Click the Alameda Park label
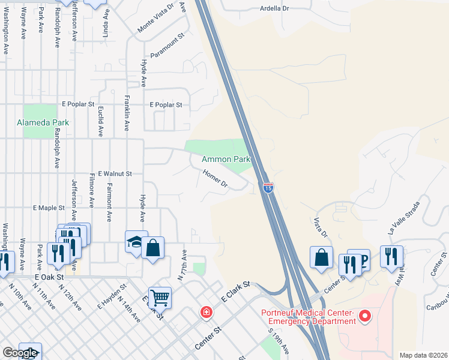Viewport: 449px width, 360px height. [43, 122]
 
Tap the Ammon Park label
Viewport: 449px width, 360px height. [226, 159]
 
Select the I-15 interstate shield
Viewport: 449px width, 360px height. [268, 188]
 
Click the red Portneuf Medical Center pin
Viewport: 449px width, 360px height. [364, 315]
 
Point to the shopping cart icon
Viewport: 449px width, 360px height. [160, 297]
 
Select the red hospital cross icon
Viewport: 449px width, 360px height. [206, 313]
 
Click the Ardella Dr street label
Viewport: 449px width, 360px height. [275, 9]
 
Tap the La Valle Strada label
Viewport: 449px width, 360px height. [403, 218]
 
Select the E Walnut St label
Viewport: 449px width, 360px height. [115, 173]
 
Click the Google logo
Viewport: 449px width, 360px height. [19, 353]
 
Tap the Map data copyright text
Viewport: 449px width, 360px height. [423, 355]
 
